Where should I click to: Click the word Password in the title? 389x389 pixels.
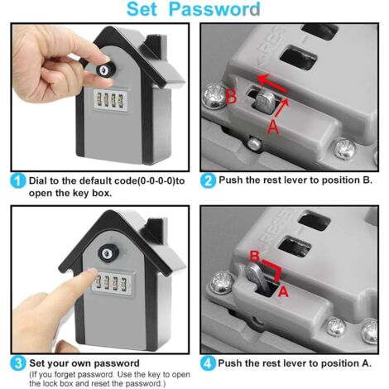point(219,11)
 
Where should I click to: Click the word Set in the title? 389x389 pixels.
point(150,11)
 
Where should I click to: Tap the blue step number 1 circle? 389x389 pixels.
point(17,180)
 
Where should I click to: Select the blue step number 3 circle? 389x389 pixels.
point(17,361)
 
